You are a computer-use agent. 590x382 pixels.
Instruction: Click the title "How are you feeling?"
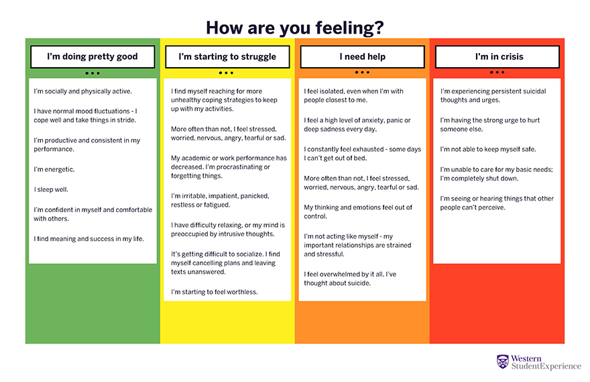[294, 28]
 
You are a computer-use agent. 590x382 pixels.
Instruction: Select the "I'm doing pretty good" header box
[93, 57]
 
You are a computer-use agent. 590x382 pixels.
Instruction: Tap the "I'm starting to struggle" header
[227, 57]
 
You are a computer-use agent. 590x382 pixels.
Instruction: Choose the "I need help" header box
[362, 57]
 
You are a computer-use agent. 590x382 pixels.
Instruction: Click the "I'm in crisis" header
[497, 57]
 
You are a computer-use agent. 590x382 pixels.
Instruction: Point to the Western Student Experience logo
[538, 363]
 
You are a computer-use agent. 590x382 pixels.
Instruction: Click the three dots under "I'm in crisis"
[497, 73]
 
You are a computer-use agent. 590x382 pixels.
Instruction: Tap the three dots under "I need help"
[362, 73]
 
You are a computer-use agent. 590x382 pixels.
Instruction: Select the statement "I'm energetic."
[54, 170]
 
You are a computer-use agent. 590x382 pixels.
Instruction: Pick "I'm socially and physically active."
[83, 91]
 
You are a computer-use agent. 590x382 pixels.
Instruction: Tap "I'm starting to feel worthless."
[214, 292]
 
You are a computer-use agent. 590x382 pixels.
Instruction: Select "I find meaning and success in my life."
[88, 239]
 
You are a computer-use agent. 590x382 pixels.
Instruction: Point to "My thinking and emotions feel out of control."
[358, 212]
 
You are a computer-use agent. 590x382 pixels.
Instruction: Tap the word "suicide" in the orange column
[357, 283]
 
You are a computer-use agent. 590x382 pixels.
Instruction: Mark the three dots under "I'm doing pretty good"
[93, 73]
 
